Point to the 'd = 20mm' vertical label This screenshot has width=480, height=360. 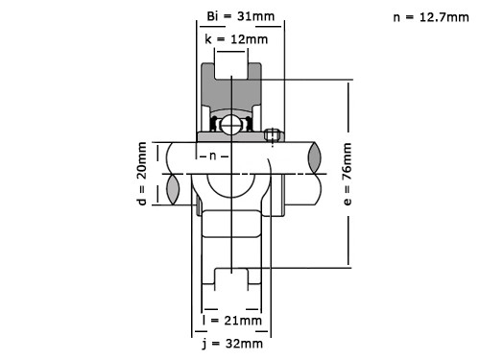[x=142, y=173]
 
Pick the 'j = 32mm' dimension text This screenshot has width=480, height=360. [x=232, y=343]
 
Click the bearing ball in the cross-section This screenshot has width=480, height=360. [x=232, y=125]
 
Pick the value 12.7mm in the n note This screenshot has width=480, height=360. [x=438, y=17]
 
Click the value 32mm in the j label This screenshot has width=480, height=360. [x=245, y=343]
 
